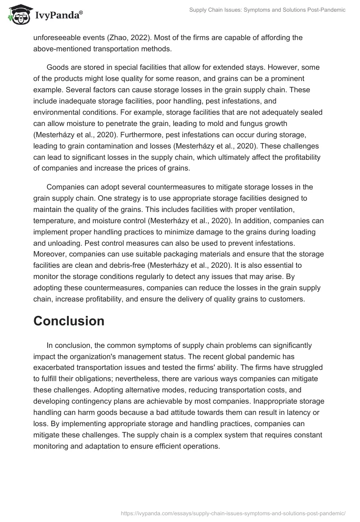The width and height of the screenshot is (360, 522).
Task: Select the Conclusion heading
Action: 69,321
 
